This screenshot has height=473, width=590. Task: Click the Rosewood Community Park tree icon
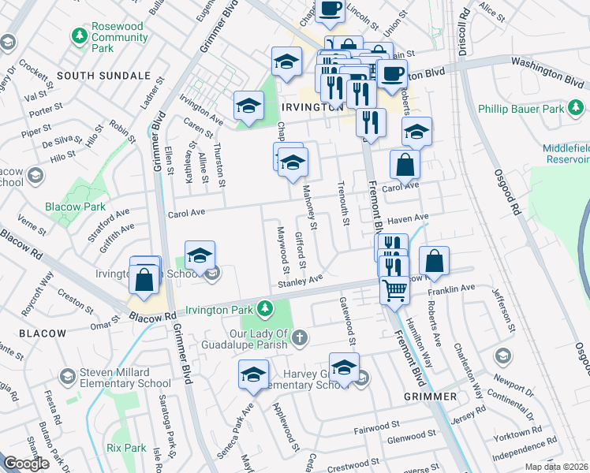pos(79,35)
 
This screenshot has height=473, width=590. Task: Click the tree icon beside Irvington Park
pos(266,307)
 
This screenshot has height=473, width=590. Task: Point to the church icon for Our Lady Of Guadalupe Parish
pos(299,338)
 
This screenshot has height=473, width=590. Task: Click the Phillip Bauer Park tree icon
pos(484,108)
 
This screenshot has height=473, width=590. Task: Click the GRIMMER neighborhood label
pos(430,396)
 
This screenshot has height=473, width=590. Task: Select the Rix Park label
pos(126,448)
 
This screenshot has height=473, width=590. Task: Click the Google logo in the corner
pos(26,464)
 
